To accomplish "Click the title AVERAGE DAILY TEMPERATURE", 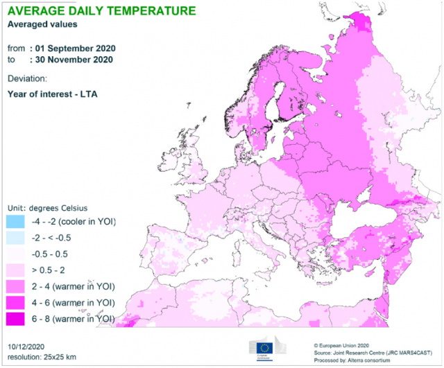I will [101, 11].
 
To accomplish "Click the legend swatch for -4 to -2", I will [15, 222].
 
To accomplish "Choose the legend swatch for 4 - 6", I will [15, 302].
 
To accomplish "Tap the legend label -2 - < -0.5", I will [56, 238].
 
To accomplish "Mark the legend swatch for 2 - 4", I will [15, 286].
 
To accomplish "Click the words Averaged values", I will [41, 24].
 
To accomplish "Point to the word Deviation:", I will [27, 80].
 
